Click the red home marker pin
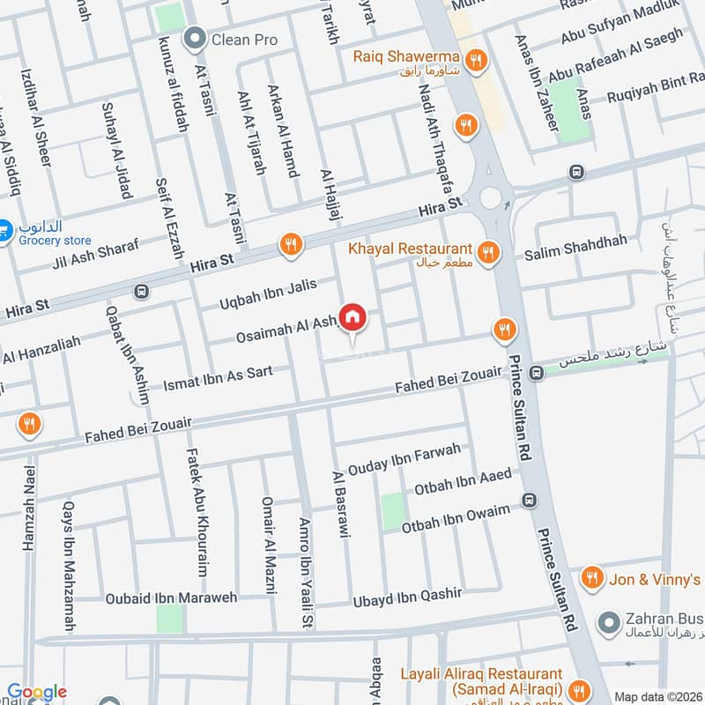pos(352,317)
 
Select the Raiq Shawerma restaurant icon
pos(477,60)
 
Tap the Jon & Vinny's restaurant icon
pos(593,578)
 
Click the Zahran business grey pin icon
pos(607,622)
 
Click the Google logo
pos(36,693)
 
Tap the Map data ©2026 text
pos(657,696)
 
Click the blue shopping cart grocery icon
pos(4,227)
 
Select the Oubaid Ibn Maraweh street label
pos(172,598)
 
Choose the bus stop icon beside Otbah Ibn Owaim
pos(530,502)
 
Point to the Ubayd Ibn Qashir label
pos(407,597)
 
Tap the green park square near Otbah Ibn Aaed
pos(392,511)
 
